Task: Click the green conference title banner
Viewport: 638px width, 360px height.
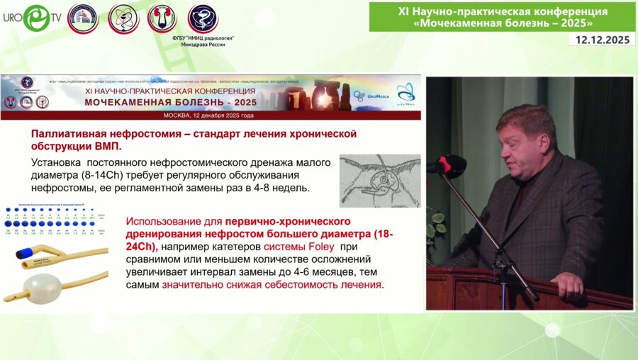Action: point(502,16)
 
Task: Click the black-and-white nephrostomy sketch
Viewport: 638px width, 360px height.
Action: point(379,181)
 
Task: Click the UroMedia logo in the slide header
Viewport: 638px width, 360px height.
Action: point(367,95)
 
